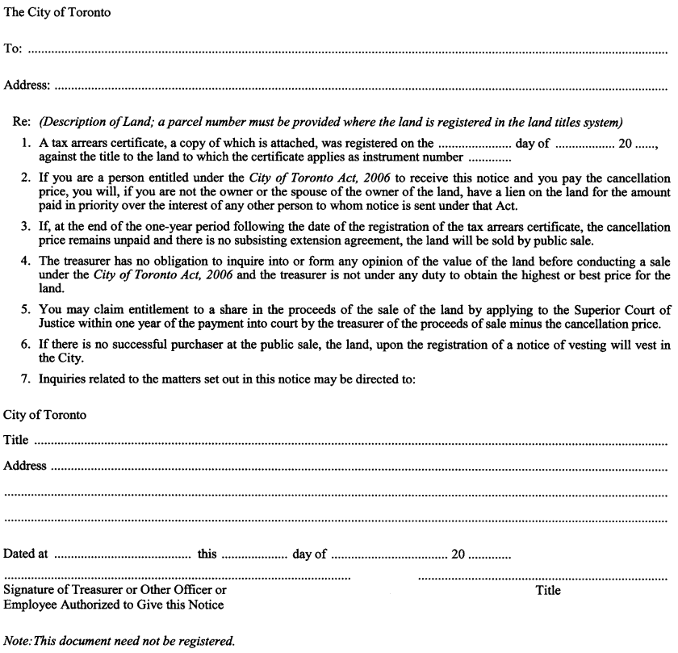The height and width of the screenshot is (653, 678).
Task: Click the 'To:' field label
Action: click(x=13, y=49)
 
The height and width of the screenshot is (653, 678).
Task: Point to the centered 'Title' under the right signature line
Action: click(x=548, y=591)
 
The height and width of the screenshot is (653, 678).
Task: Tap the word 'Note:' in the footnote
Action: click(x=19, y=642)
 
